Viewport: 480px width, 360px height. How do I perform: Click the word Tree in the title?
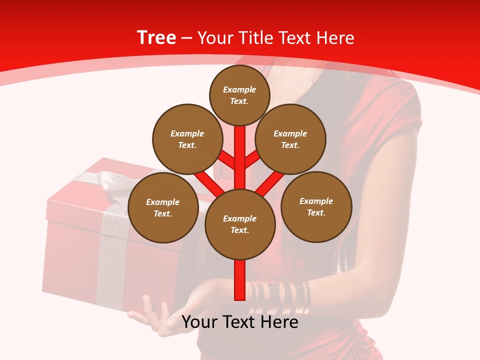tap(156, 37)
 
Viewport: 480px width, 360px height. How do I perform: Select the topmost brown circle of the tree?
tap(239, 95)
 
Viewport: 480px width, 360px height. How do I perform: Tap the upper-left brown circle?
tap(187, 139)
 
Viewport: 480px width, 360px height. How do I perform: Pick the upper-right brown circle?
tap(290, 139)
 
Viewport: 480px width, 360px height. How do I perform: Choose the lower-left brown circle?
tap(162, 207)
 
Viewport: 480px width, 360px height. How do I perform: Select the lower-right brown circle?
tap(316, 206)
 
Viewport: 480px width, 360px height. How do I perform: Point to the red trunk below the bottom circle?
tap(240, 280)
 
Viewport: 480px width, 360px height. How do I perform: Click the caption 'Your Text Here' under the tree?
tap(240, 322)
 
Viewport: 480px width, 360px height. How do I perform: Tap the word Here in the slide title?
tap(336, 38)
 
